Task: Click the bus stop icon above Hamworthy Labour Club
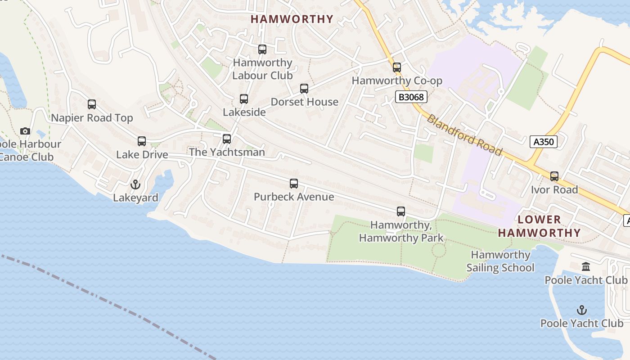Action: [x=262, y=49]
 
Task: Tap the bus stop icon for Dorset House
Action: [x=304, y=89]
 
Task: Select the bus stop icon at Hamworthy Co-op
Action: [x=397, y=67]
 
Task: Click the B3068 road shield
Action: [x=411, y=97]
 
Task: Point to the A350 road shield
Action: [x=543, y=142]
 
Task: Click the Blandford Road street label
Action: [x=464, y=135]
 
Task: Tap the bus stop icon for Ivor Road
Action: [x=554, y=176]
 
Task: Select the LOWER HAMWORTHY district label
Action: [x=539, y=226]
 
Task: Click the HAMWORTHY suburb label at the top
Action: [x=292, y=19]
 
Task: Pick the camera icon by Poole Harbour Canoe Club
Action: [x=25, y=131]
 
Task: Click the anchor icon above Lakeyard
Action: [x=135, y=184]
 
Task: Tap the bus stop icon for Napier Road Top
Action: [x=92, y=104]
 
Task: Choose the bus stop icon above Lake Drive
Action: [x=142, y=141]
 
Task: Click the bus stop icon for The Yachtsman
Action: [x=227, y=139]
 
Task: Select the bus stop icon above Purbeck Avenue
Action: [x=294, y=184]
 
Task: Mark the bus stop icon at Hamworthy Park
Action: [x=401, y=211]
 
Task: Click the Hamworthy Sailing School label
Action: [x=500, y=261]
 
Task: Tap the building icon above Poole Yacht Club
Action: [x=586, y=267]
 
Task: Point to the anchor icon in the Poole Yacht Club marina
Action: [x=582, y=310]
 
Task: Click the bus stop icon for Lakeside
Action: [x=244, y=99]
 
